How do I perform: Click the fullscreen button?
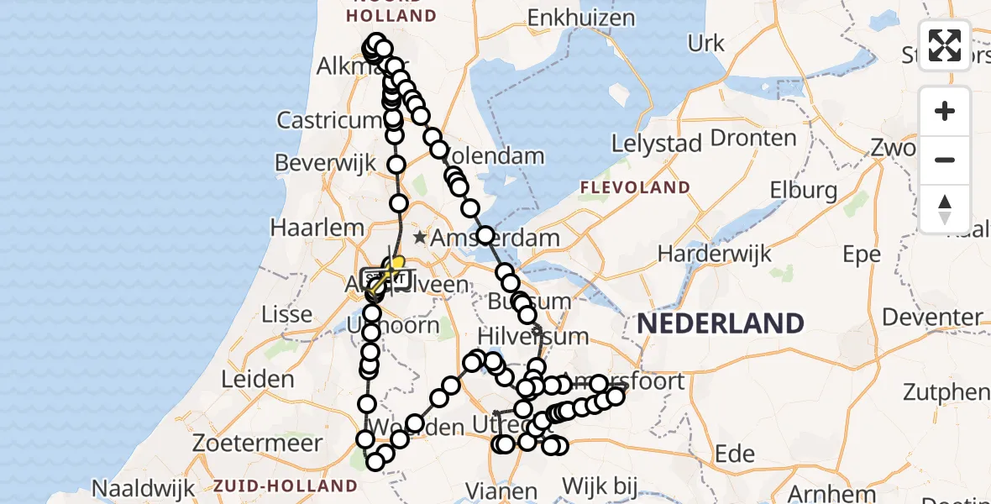[945, 45]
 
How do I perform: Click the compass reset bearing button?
[945, 209]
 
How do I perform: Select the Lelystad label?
[657, 144]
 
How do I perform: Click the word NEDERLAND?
[720, 323]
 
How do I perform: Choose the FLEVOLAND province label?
[635, 187]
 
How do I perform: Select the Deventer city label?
[932, 318]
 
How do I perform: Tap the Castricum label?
[325, 120]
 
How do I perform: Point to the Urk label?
[705, 43]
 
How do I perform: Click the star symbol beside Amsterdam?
[419, 239]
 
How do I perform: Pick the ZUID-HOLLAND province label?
[286, 486]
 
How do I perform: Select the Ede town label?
[735, 454]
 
